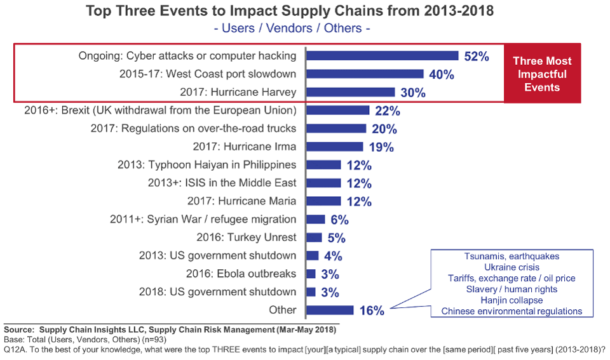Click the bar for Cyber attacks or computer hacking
point(383,56)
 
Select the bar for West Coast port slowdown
point(365,74)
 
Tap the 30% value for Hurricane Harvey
point(412,93)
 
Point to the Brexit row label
point(160,110)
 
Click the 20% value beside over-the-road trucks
point(384,129)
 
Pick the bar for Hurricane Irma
point(335,147)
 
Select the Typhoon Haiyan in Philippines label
point(207,165)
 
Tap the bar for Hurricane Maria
point(323,201)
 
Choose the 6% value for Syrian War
point(340,220)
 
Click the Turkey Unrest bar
point(314,237)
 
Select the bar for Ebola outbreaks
point(311,274)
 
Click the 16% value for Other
point(371,311)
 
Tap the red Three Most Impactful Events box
point(542,74)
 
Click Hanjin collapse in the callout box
point(512,300)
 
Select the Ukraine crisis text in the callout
point(512,267)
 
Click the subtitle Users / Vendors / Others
point(292,29)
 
